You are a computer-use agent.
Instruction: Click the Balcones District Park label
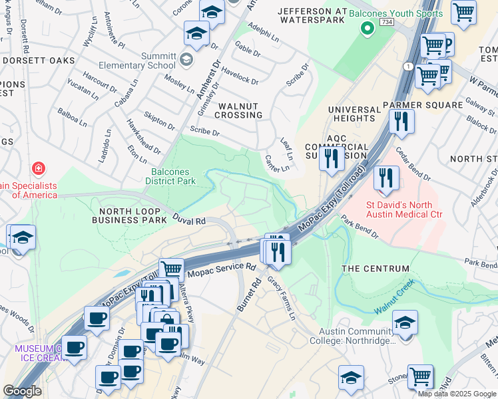click(171, 176)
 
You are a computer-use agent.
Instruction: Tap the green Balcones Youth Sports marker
click(366, 29)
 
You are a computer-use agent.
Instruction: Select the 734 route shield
click(386, 22)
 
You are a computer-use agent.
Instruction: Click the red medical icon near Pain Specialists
click(39, 169)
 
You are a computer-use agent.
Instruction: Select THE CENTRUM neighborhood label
click(375, 268)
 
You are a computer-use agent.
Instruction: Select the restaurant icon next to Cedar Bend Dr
click(385, 178)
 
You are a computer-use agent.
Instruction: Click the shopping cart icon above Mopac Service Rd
click(172, 270)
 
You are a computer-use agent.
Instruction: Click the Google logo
click(23, 391)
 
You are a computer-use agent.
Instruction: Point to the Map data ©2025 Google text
click(457, 393)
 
